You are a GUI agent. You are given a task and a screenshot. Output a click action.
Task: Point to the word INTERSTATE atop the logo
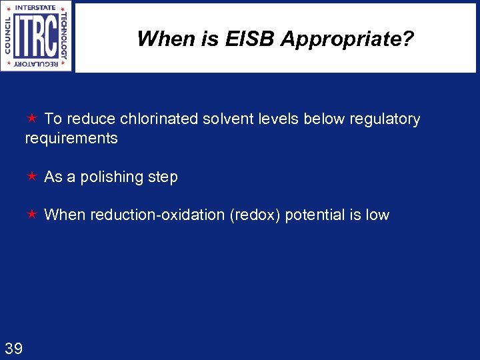36,7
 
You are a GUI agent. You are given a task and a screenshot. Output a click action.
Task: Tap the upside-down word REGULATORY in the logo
36,65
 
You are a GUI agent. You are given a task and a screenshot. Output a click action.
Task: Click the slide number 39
13,347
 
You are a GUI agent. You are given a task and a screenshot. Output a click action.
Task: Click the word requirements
71,139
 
